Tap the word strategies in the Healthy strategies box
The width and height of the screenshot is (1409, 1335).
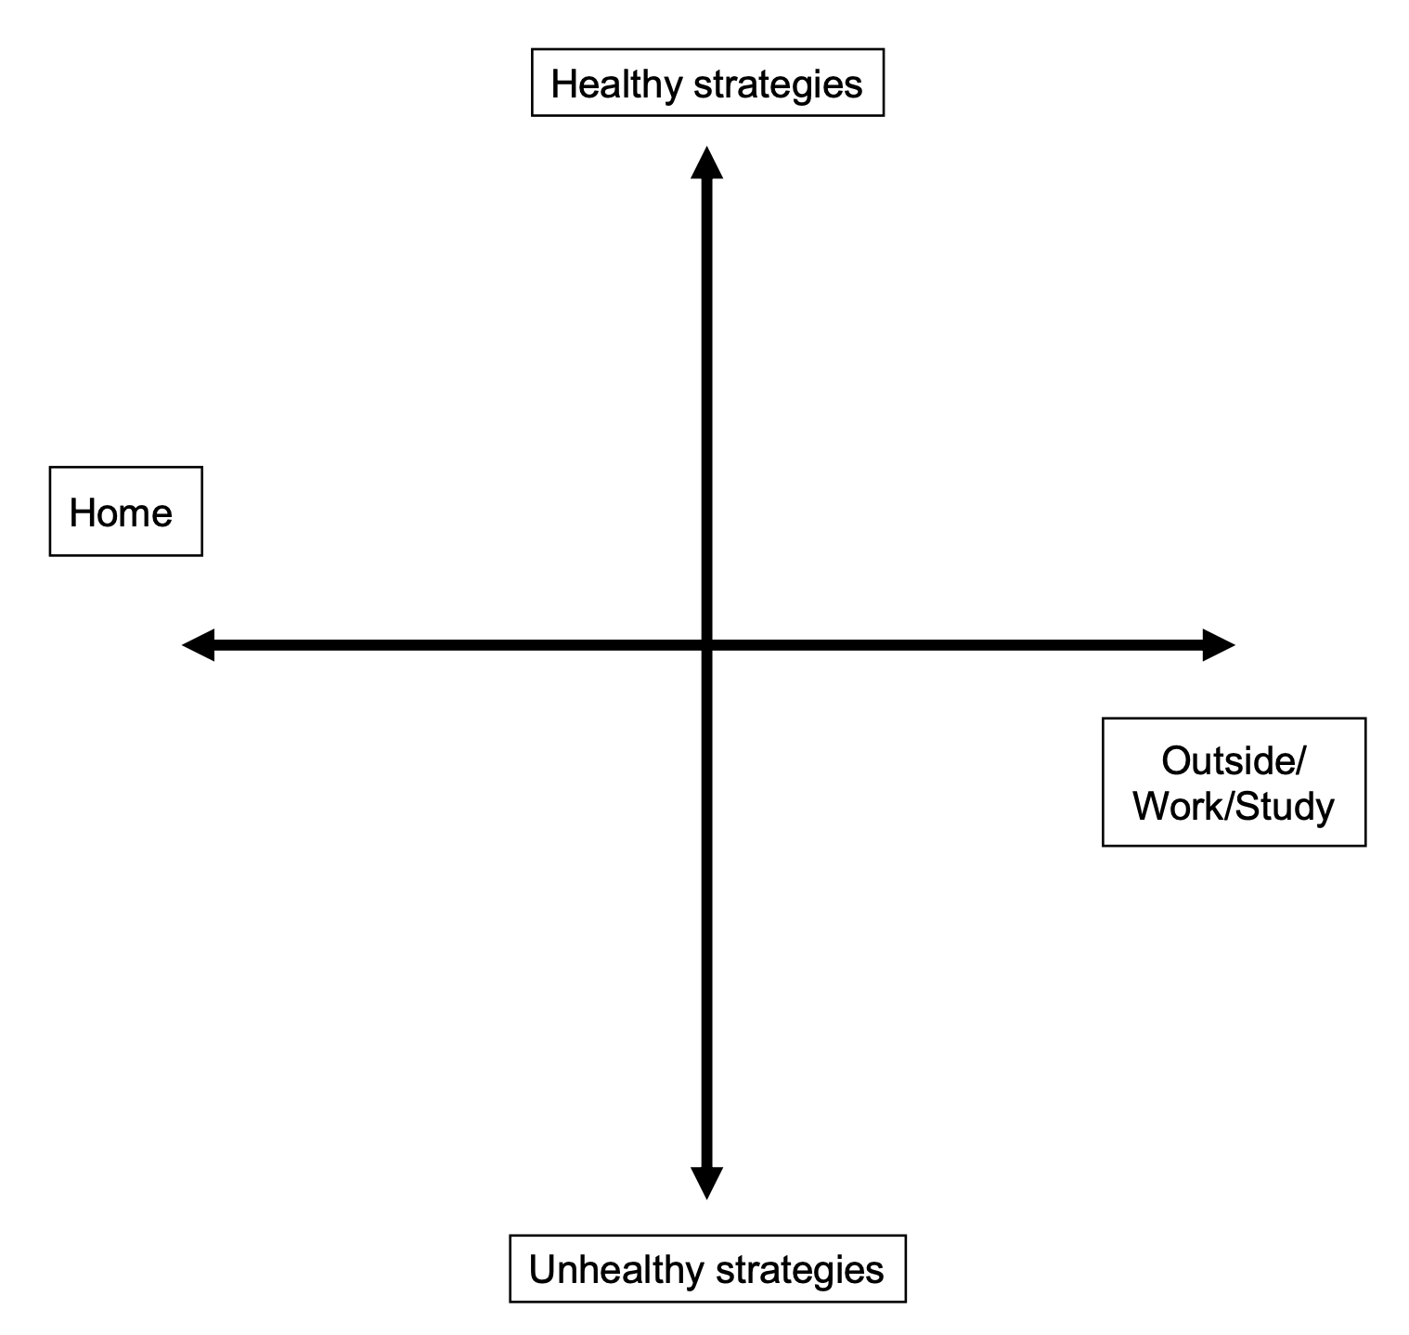778,84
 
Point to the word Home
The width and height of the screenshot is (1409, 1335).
121,512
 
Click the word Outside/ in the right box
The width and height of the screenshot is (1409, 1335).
1234,760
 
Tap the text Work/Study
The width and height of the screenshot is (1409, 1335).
1234,806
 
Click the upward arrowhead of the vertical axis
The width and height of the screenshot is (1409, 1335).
706,162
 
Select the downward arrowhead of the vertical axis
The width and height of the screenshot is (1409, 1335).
706,1183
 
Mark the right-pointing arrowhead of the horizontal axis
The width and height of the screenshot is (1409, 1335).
1219,644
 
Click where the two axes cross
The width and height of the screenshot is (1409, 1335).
706,644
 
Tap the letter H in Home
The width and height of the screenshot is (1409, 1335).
82,512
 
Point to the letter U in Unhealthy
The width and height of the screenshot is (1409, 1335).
541,1269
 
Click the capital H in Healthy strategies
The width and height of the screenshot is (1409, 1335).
563,84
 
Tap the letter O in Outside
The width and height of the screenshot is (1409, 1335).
1176,760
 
